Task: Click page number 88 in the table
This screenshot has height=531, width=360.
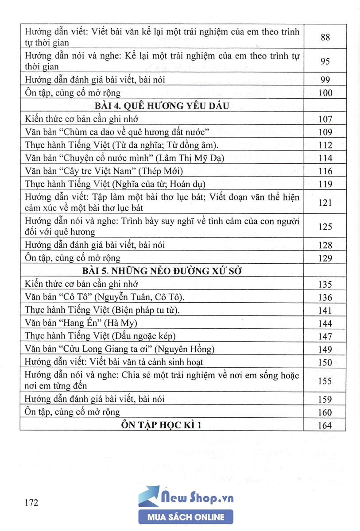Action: pyautogui.click(x=325, y=38)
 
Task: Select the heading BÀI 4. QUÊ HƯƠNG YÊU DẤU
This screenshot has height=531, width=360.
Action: pyautogui.click(x=162, y=106)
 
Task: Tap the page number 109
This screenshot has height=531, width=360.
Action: pyautogui.click(x=325, y=132)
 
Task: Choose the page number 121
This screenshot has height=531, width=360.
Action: pyautogui.click(x=325, y=202)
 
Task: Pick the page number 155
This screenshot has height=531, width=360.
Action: pyautogui.click(x=325, y=381)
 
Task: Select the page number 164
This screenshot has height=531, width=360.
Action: pyautogui.click(x=325, y=425)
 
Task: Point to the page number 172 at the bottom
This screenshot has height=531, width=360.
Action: pyautogui.click(x=31, y=503)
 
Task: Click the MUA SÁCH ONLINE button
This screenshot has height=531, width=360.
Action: pyautogui.click(x=186, y=517)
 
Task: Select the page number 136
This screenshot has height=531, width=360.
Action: pyautogui.click(x=325, y=297)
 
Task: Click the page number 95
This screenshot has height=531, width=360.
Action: pyautogui.click(x=325, y=62)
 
